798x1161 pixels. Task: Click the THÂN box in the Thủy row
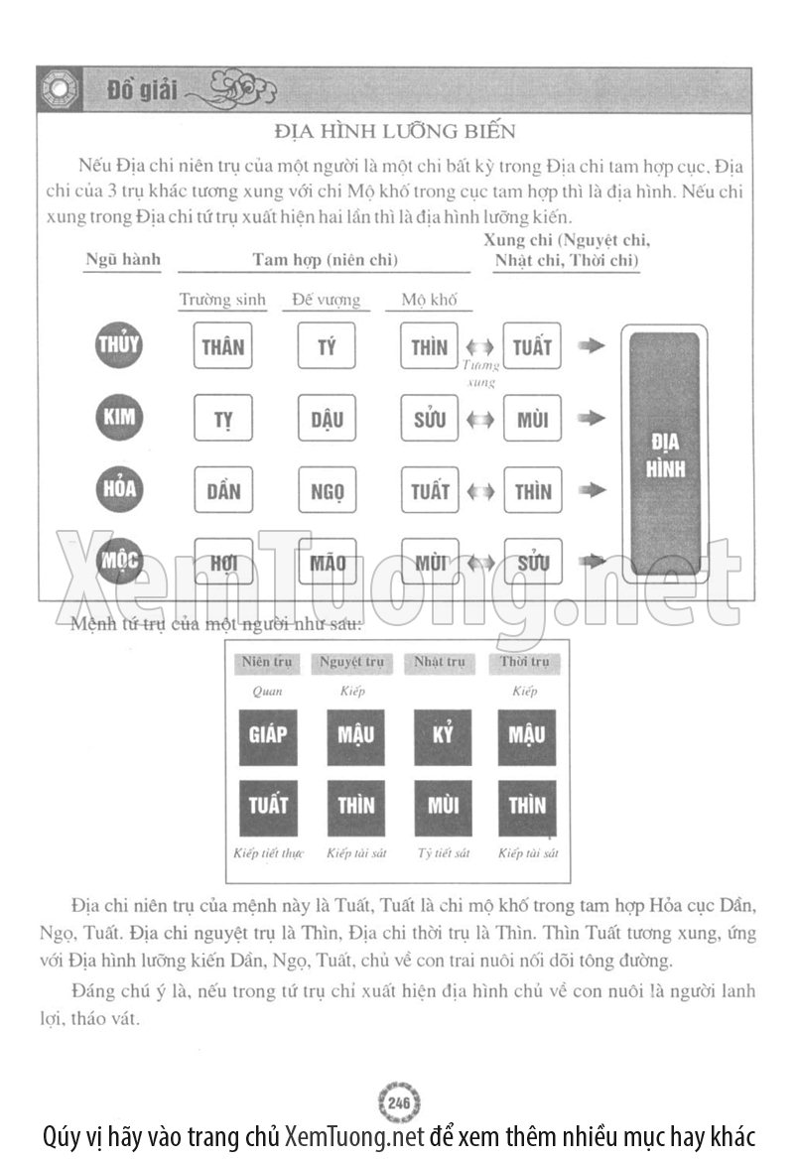[222, 347]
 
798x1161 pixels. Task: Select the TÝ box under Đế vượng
[327, 347]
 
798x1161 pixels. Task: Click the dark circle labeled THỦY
[119, 346]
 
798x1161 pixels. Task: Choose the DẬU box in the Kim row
[327, 419]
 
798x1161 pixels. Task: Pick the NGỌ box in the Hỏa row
[327, 491]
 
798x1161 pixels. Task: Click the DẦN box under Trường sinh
[222, 491]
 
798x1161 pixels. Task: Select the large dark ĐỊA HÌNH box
[665, 454]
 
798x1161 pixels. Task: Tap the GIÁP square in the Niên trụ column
[268, 735]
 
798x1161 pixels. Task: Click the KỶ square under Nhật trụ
[443, 735]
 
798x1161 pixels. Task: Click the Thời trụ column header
[526, 663]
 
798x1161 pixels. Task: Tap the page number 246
[399, 1104]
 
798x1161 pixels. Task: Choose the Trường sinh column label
[222, 300]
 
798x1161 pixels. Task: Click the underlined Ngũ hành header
[122, 260]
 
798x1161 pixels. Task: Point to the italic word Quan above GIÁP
[267, 692]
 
